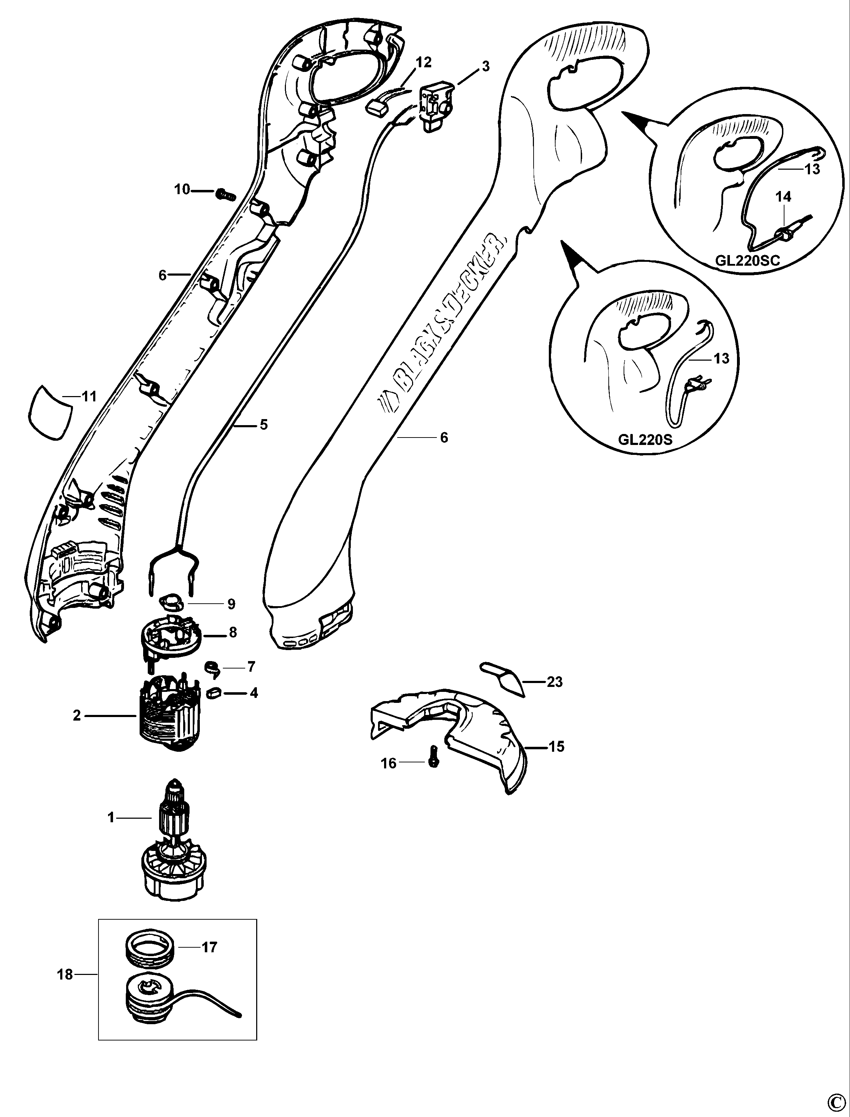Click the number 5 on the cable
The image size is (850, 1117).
point(264,424)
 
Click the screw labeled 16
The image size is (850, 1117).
point(433,761)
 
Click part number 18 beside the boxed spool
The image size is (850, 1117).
point(65,974)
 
